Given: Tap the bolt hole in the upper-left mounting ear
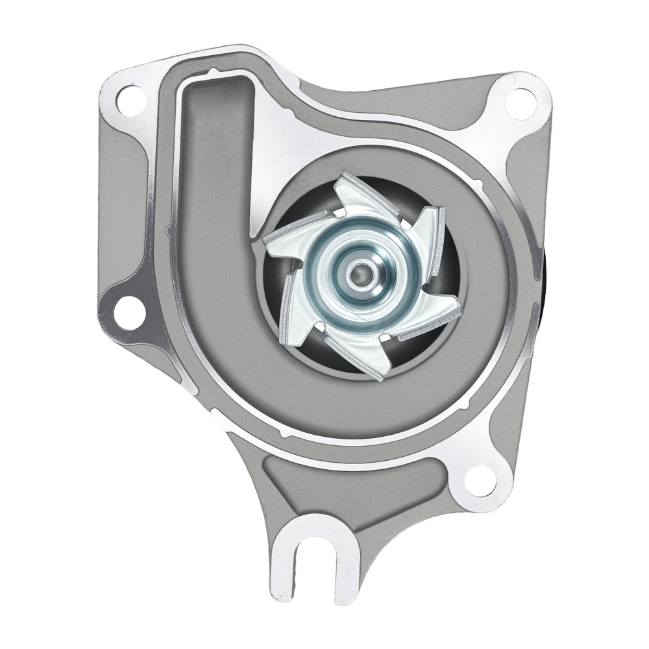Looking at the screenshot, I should click(130, 99).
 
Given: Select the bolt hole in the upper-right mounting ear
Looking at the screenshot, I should click(520, 103).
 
